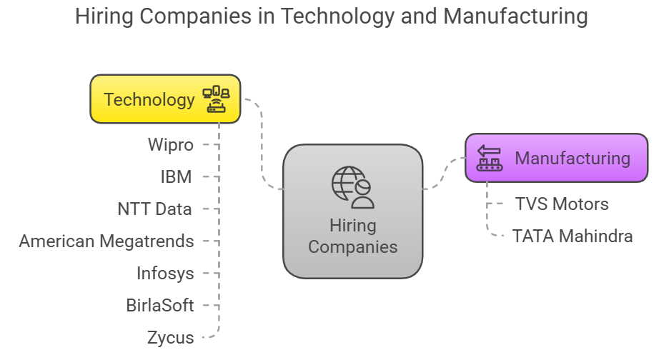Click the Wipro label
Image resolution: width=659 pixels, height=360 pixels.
tap(170, 145)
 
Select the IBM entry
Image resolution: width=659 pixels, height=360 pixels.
tap(176, 177)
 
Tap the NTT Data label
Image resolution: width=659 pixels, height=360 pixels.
tap(154, 209)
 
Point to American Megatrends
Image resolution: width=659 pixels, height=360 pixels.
tap(106, 241)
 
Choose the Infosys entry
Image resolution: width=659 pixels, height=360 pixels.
tap(165, 274)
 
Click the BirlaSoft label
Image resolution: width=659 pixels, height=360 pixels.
tap(159, 306)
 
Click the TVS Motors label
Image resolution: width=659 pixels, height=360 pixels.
tap(562, 204)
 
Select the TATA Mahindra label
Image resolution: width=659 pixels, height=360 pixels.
tap(573, 236)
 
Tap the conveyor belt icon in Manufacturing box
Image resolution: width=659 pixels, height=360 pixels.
tap(490, 158)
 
